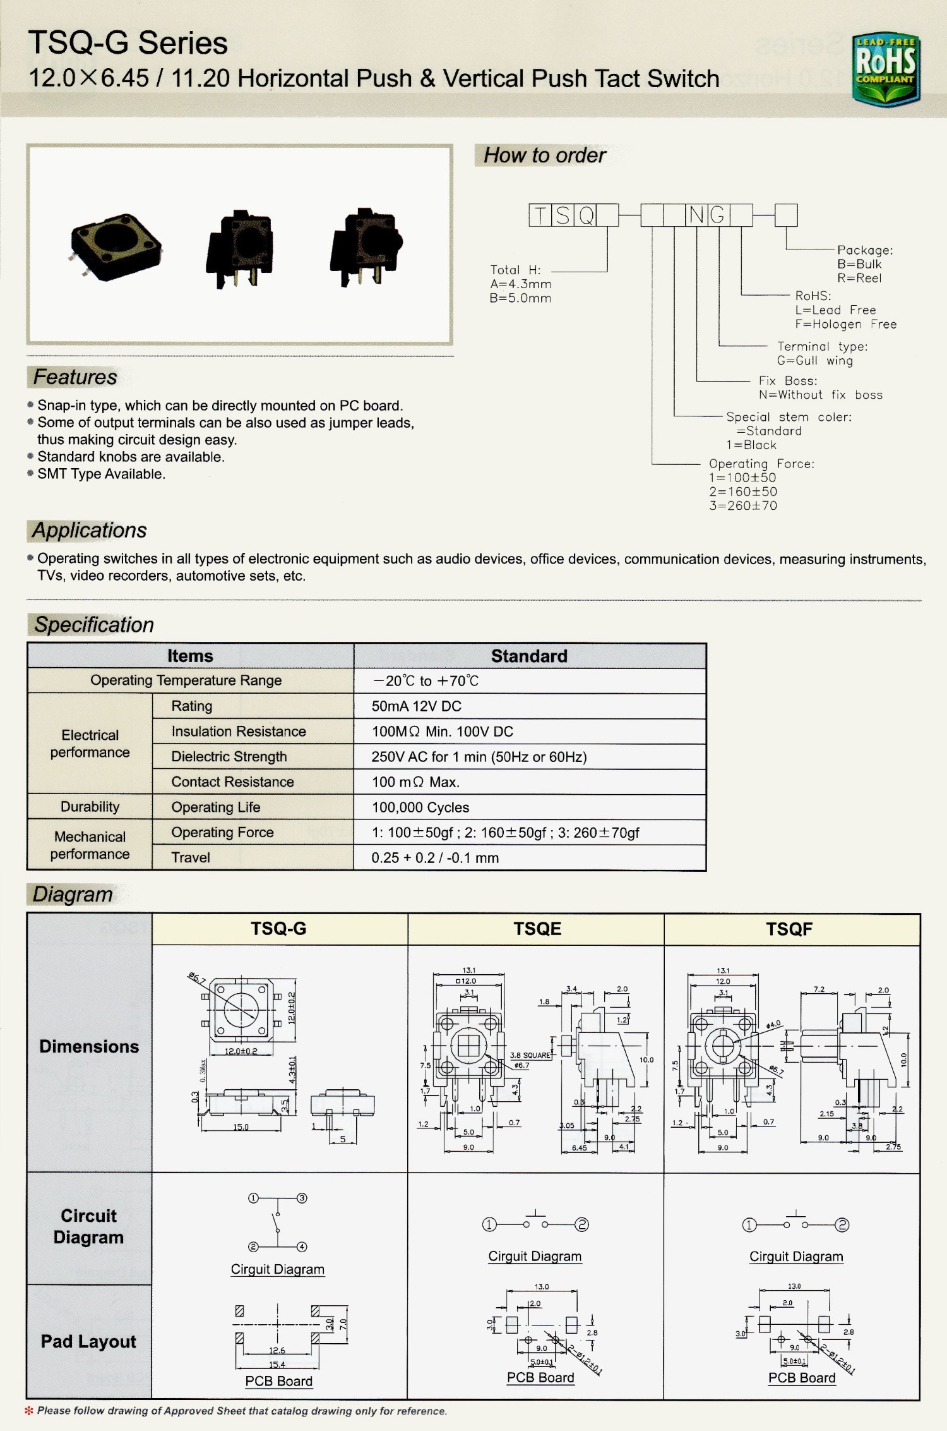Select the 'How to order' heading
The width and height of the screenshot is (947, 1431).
[544, 155]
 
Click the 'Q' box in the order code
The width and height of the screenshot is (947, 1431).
[585, 215]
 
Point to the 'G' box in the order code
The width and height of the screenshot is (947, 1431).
[718, 215]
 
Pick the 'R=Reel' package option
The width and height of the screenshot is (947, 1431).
[859, 278]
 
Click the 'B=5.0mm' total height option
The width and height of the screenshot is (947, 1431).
[520, 298]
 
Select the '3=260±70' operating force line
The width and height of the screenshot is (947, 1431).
[742, 505]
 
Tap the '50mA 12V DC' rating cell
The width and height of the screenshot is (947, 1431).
[416, 706]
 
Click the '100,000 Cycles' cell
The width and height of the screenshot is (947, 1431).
[420, 807]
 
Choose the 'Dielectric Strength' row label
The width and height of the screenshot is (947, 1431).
[229, 757]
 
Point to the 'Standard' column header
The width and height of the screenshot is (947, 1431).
[529, 656]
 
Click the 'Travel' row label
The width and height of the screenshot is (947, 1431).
[191, 858]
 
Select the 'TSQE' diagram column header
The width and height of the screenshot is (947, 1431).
[537, 929]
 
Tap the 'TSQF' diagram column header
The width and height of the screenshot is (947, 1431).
[789, 929]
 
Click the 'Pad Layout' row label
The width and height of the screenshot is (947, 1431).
[88, 1341]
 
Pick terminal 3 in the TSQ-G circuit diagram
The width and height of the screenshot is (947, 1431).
[302, 1199]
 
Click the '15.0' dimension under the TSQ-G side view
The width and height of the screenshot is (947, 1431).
[241, 1127]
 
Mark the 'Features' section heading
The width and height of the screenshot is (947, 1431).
[75, 377]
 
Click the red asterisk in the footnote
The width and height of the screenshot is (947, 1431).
[29, 1411]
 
